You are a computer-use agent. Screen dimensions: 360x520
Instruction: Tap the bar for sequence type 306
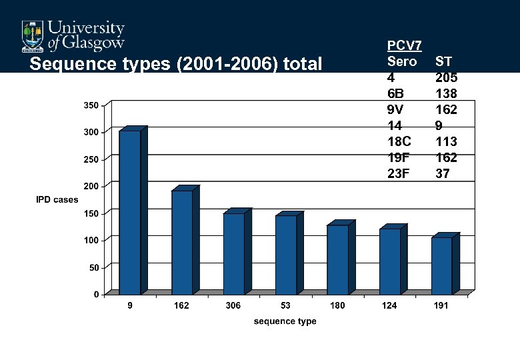point(234,253)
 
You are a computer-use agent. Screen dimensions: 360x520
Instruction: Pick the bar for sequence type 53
point(286,255)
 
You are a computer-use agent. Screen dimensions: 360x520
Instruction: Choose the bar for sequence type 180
point(337,259)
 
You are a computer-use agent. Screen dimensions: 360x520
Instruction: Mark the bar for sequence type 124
point(389,261)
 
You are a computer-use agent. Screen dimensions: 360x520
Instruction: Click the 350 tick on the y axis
point(91,105)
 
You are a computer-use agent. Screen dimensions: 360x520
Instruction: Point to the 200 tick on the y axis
point(91,186)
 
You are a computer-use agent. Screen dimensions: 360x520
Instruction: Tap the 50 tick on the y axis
point(93,267)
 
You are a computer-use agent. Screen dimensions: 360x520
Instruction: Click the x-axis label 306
point(233,305)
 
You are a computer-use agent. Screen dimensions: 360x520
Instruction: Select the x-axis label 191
point(441,305)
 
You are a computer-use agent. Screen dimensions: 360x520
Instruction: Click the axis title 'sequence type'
point(285,321)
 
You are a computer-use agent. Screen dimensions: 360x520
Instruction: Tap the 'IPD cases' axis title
point(57,199)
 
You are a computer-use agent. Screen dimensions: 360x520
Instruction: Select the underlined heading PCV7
point(404,45)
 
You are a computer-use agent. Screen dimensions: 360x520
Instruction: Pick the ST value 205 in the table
point(446,77)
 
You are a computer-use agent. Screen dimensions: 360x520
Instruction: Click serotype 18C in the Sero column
point(399,141)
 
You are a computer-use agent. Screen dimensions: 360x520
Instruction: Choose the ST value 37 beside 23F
point(443,173)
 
